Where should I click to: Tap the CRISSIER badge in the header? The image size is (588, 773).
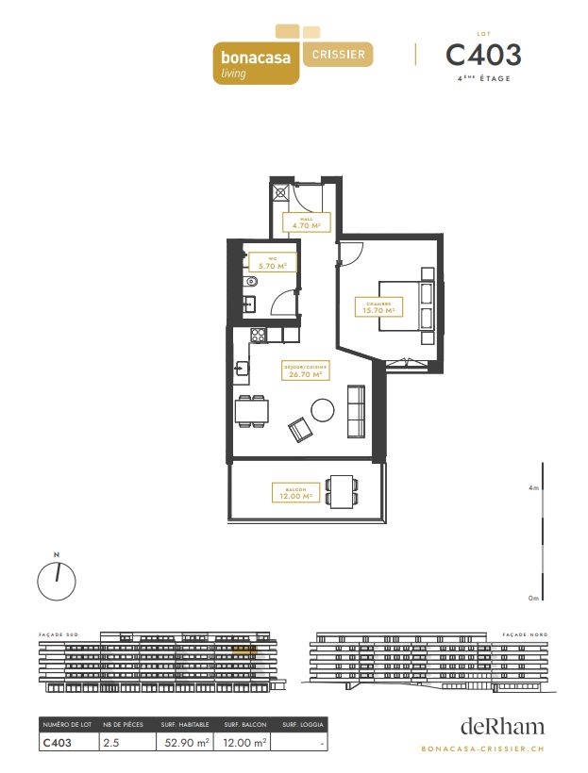click(x=339, y=54)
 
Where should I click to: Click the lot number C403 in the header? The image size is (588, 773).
click(x=482, y=54)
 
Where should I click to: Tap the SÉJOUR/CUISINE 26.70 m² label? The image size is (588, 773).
click(x=303, y=370)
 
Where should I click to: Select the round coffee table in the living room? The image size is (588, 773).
click(x=323, y=410)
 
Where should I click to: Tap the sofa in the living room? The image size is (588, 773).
click(x=357, y=412)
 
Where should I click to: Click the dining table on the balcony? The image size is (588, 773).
click(x=341, y=490)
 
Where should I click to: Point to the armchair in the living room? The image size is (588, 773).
click(x=300, y=430)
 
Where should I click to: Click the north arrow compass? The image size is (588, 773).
click(x=57, y=580)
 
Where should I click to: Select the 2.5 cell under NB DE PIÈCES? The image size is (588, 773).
click(x=110, y=743)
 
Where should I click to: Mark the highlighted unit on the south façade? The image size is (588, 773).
click(x=243, y=649)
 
